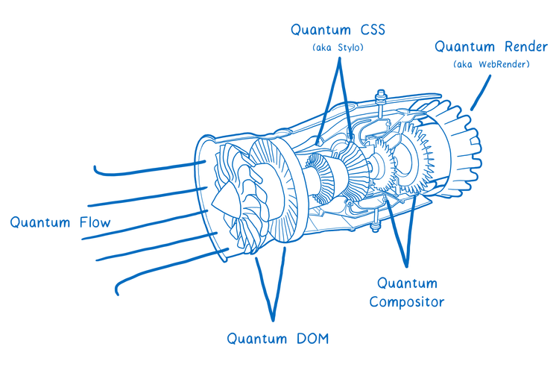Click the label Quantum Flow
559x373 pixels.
[x=60, y=222]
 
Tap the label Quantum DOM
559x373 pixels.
[x=277, y=339]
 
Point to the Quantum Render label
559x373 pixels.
[x=492, y=47]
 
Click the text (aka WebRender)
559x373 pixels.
[x=491, y=65]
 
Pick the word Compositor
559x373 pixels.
[x=407, y=302]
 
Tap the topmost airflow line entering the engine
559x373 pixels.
[x=149, y=169]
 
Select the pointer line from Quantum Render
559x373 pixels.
[x=481, y=93]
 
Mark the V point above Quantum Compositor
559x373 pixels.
[x=406, y=265]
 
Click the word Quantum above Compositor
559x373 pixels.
[x=407, y=283]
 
